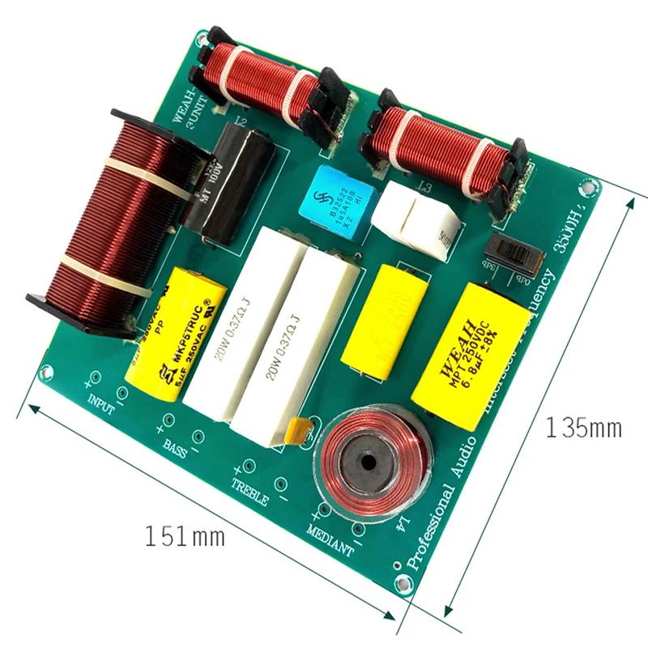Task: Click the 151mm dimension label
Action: [x=185, y=535]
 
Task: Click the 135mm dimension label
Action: [x=583, y=427]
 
